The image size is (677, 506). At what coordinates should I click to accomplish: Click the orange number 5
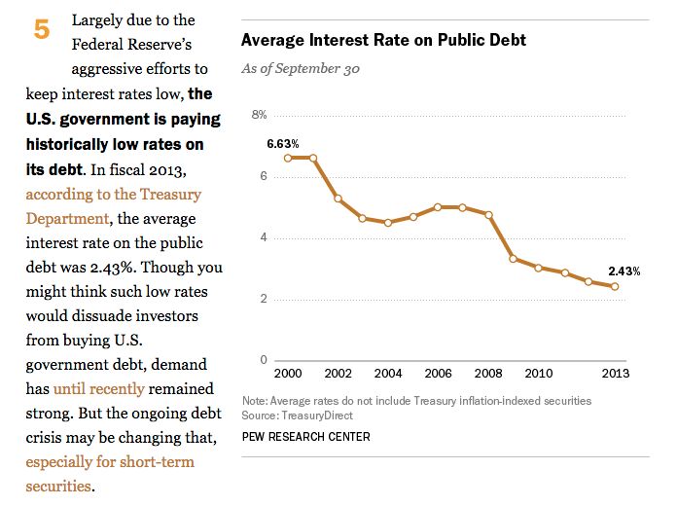coord(42,30)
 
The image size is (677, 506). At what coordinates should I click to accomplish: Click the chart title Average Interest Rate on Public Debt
coord(383,41)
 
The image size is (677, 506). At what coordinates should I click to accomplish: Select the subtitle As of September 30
coord(303,69)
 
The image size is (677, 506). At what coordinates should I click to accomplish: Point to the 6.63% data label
coord(283,143)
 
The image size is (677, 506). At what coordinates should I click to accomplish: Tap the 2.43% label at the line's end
coord(624,271)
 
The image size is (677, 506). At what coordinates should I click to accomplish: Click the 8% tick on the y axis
coord(260,115)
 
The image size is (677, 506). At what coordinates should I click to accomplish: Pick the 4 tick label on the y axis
coord(263,237)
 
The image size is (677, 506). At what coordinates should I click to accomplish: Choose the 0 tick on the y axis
coord(263,360)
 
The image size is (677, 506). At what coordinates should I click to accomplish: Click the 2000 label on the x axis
coord(288,374)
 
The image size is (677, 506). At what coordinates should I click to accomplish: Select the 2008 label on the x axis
coord(488,374)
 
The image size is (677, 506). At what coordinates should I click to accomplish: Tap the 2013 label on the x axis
coord(616,374)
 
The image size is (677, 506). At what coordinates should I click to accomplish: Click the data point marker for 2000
coord(288,158)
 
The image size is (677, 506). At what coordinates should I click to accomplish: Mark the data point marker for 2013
coord(615,286)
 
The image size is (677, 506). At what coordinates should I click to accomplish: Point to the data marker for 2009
coord(514,259)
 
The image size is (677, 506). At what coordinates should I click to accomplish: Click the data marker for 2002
coord(338,199)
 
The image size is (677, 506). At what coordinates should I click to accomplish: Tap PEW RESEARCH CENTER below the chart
coord(305,437)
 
